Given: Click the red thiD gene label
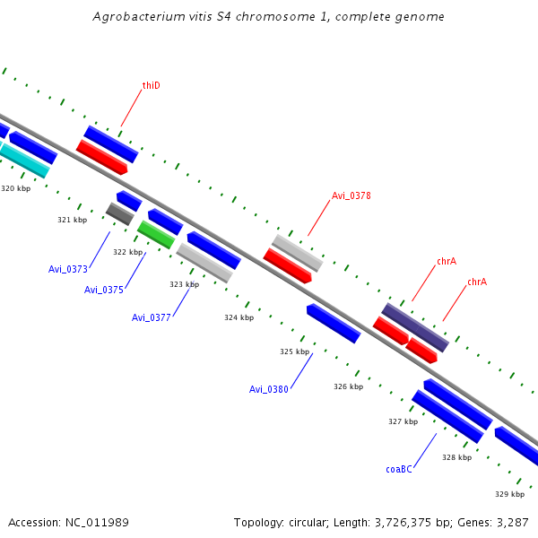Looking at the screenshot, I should point(151,86).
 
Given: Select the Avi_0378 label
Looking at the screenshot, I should point(351,195).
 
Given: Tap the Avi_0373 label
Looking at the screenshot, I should point(68,269).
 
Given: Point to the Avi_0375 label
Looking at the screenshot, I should point(104,290).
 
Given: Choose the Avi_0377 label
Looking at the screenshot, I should point(152,317).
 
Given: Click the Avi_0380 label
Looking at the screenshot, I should point(269,389).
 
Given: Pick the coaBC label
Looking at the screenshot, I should point(399,469).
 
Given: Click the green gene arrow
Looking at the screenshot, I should point(156,235).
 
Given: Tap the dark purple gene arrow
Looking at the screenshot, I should point(415,327).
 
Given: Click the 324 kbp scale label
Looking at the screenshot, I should point(239,317).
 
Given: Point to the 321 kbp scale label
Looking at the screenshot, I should point(72,220).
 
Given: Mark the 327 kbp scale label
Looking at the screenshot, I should point(403,421).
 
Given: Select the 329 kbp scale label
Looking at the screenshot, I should point(509,494).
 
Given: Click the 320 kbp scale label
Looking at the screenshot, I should point(15,188).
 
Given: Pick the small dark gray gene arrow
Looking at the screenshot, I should point(119,214).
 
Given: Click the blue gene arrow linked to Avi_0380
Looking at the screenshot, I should point(334,323).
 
